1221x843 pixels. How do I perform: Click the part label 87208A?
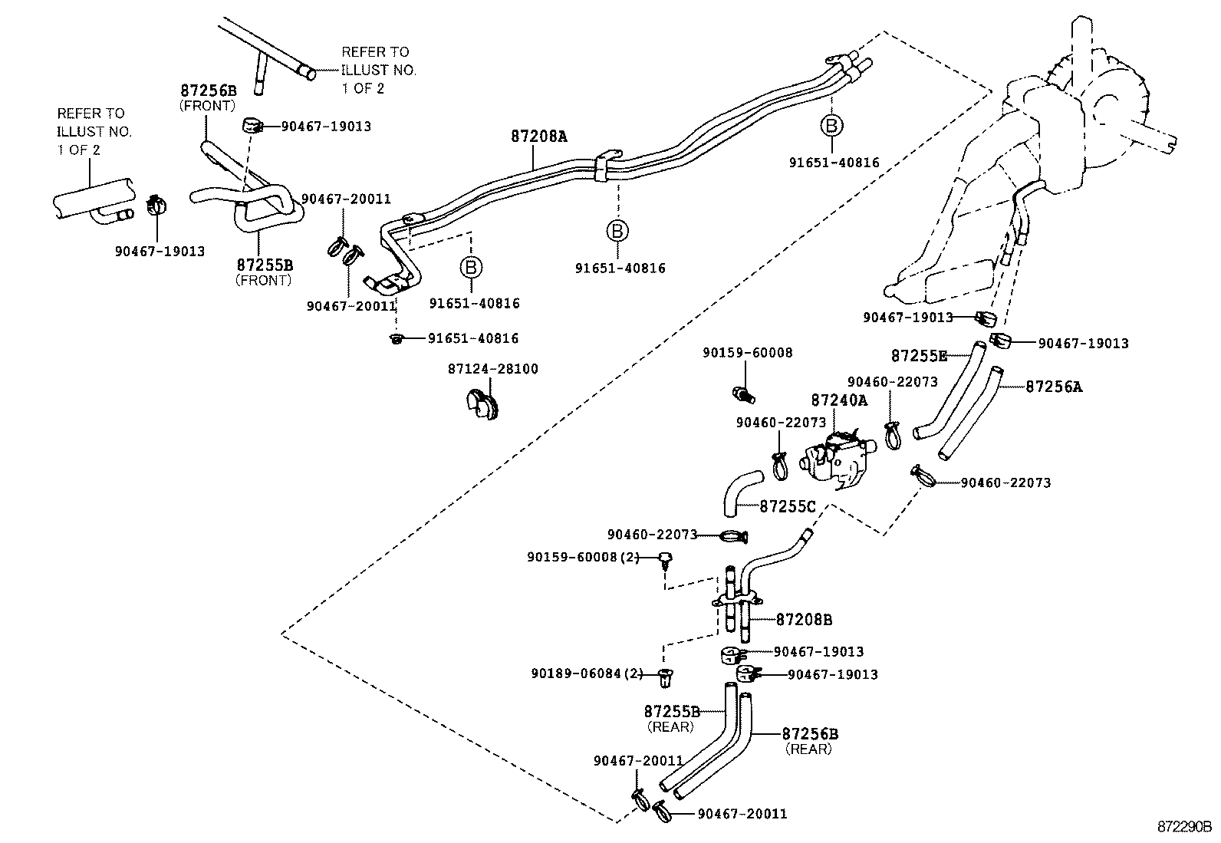pos(538,137)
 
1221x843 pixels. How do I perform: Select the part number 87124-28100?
pos(492,369)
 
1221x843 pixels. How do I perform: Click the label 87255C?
pos(788,506)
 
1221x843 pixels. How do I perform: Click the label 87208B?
pos(804,619)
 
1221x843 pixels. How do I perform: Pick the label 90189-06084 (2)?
pos(587,673)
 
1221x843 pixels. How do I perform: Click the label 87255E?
pos(919,356)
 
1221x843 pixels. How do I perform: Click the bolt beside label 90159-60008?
pos(743,394)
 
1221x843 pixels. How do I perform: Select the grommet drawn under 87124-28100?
pos(482,406)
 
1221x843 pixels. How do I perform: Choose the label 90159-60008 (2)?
pos(583,557)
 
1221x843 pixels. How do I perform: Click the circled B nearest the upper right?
pos(831,126)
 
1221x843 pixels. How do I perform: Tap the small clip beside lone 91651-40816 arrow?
pos(397,338)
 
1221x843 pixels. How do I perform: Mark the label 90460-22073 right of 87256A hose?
pos(1005,482)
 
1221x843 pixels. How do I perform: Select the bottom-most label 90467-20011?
pos(742,814)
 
